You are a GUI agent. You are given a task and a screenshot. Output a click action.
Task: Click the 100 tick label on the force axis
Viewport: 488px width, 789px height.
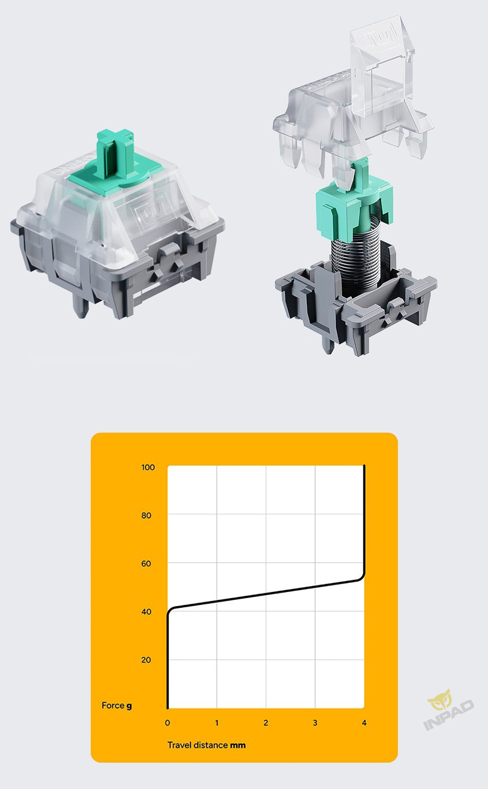(148, 468)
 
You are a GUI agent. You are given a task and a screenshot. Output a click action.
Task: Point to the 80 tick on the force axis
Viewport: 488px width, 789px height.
(146, 516)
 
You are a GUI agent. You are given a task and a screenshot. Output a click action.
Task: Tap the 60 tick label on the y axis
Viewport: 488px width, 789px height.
(146, 563)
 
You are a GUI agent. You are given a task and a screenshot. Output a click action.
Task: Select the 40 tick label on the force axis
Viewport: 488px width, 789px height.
(146, 612)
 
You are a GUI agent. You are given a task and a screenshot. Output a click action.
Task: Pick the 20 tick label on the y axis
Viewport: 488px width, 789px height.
(146, 660)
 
